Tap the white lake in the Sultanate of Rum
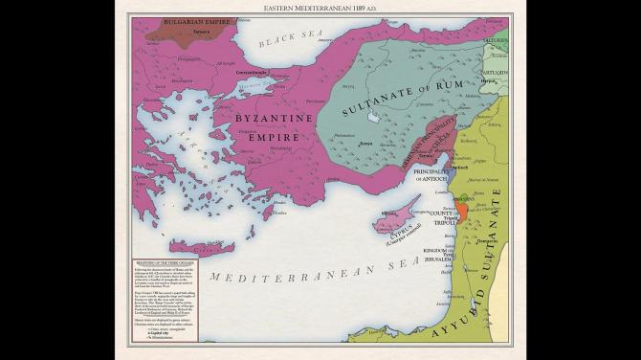pos(374,117)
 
